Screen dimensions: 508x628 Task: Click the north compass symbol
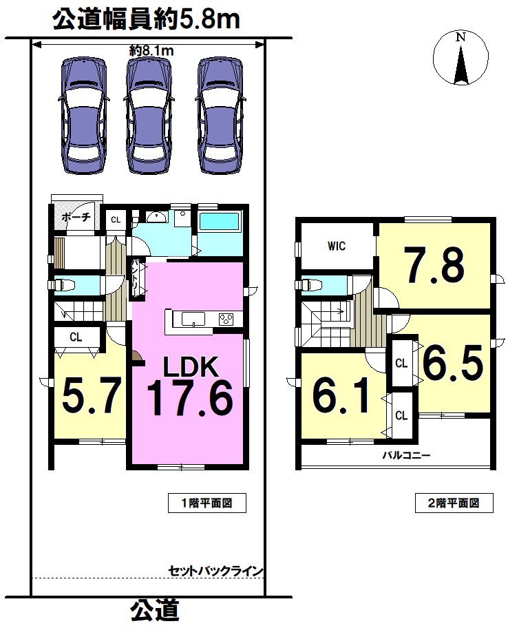click(461, 58)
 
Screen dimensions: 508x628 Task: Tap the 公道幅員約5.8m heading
click(146, 19)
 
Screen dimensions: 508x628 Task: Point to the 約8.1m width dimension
click(151, 50)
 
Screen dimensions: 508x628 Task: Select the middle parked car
click(148, 116)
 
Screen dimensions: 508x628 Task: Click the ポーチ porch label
click(76, 217)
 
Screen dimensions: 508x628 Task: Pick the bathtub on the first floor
click(219, 221)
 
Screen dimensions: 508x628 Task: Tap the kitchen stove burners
click(226, 320)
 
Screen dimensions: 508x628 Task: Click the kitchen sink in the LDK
click(193, 320)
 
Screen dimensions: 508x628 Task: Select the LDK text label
click(191, 366)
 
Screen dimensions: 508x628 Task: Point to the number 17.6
click(190, 398)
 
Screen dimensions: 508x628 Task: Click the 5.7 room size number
click(92, 396)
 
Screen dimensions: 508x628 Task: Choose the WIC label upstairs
click(337, 246)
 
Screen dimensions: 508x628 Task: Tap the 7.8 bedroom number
click(434, 265)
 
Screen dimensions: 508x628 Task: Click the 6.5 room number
click(453, 364)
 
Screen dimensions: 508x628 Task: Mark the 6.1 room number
click(341, 396)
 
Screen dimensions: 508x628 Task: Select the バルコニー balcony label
click(406, 455)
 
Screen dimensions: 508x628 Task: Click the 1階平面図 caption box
click(207, 503)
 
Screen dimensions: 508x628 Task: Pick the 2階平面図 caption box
click(454, 503)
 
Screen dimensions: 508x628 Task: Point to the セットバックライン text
click(215, 571)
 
